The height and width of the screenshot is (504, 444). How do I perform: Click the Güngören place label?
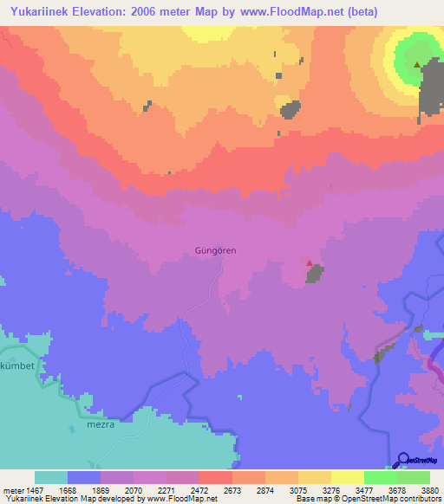tap(211, 250)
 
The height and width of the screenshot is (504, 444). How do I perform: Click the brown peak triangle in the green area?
tap(417, 64)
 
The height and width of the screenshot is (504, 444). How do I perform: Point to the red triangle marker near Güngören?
tap(310, 262)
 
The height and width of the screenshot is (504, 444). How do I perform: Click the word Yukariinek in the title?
tap(41, 13)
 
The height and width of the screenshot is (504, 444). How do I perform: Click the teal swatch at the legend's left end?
tap(50, 476)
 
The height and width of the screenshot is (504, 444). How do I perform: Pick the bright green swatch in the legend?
tap(380, 476)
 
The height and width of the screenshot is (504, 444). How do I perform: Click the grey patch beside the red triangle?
tap(315, 274)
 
